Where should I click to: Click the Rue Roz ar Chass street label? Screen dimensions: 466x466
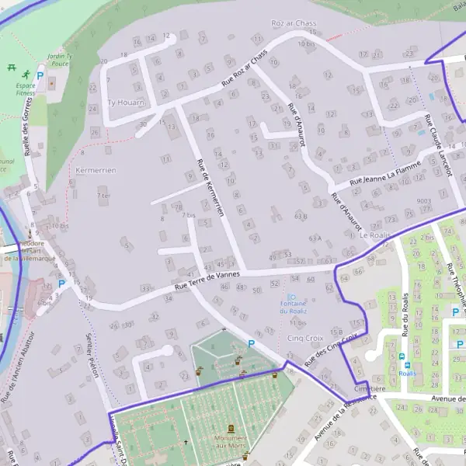coord(245,68)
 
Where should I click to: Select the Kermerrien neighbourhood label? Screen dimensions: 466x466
coord(96,170)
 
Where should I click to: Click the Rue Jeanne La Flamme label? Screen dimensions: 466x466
coord(385,173)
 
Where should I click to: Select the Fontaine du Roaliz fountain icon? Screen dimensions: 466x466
coord(292,297)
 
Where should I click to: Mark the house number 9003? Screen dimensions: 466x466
coord(423,201)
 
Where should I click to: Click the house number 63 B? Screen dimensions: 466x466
coord(301,215)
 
